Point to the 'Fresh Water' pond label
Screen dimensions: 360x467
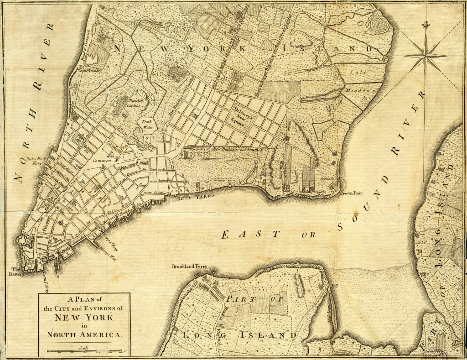click(147, 125)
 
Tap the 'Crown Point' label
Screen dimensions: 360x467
click(352, 193)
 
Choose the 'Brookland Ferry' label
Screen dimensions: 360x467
click(187, 266)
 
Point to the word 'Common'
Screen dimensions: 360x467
click(102, 161)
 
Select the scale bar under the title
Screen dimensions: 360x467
click(84, 351)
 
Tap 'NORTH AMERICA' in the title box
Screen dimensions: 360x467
click(84, 334)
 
